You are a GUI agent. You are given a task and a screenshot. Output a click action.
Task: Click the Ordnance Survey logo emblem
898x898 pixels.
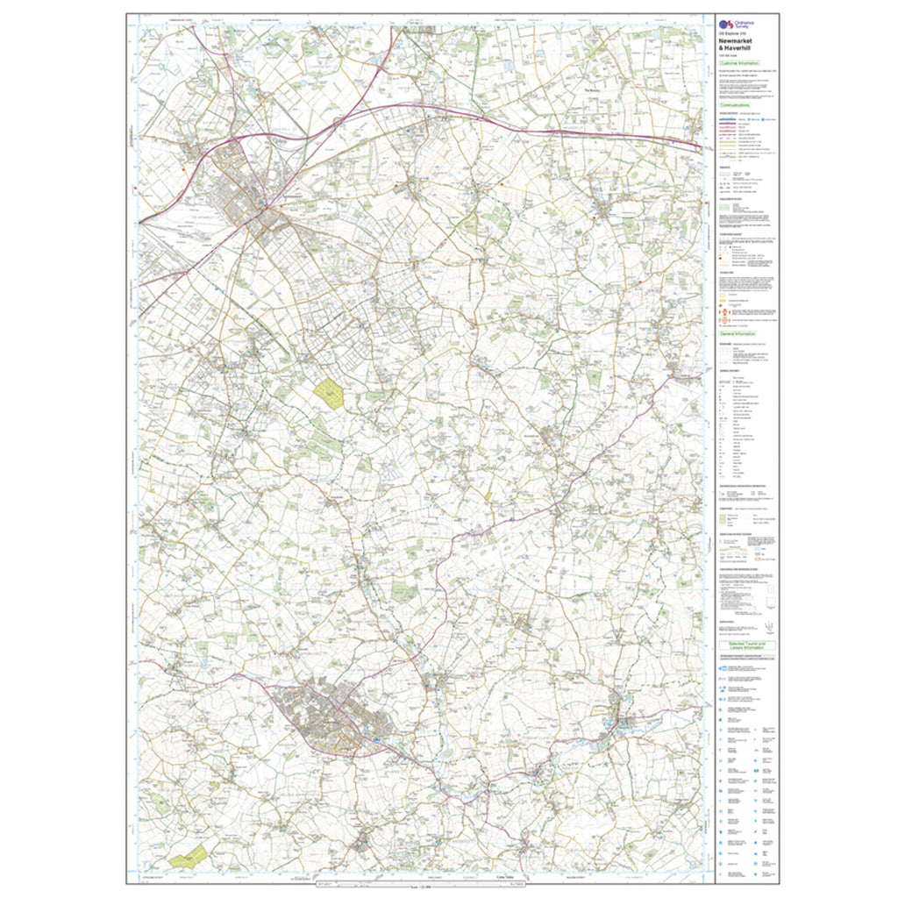[x=725, y=25]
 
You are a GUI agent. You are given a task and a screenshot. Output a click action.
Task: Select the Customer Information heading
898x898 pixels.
[x=738, y=64]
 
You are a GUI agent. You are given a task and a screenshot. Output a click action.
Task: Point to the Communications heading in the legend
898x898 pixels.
[x=738, y=105]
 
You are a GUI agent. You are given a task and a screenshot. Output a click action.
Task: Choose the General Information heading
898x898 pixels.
[x=738, y=334]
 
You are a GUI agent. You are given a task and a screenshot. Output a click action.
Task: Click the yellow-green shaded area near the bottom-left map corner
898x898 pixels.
[x=190, y=857]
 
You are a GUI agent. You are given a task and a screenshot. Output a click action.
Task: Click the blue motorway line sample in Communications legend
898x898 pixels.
[x=725, y=118]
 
